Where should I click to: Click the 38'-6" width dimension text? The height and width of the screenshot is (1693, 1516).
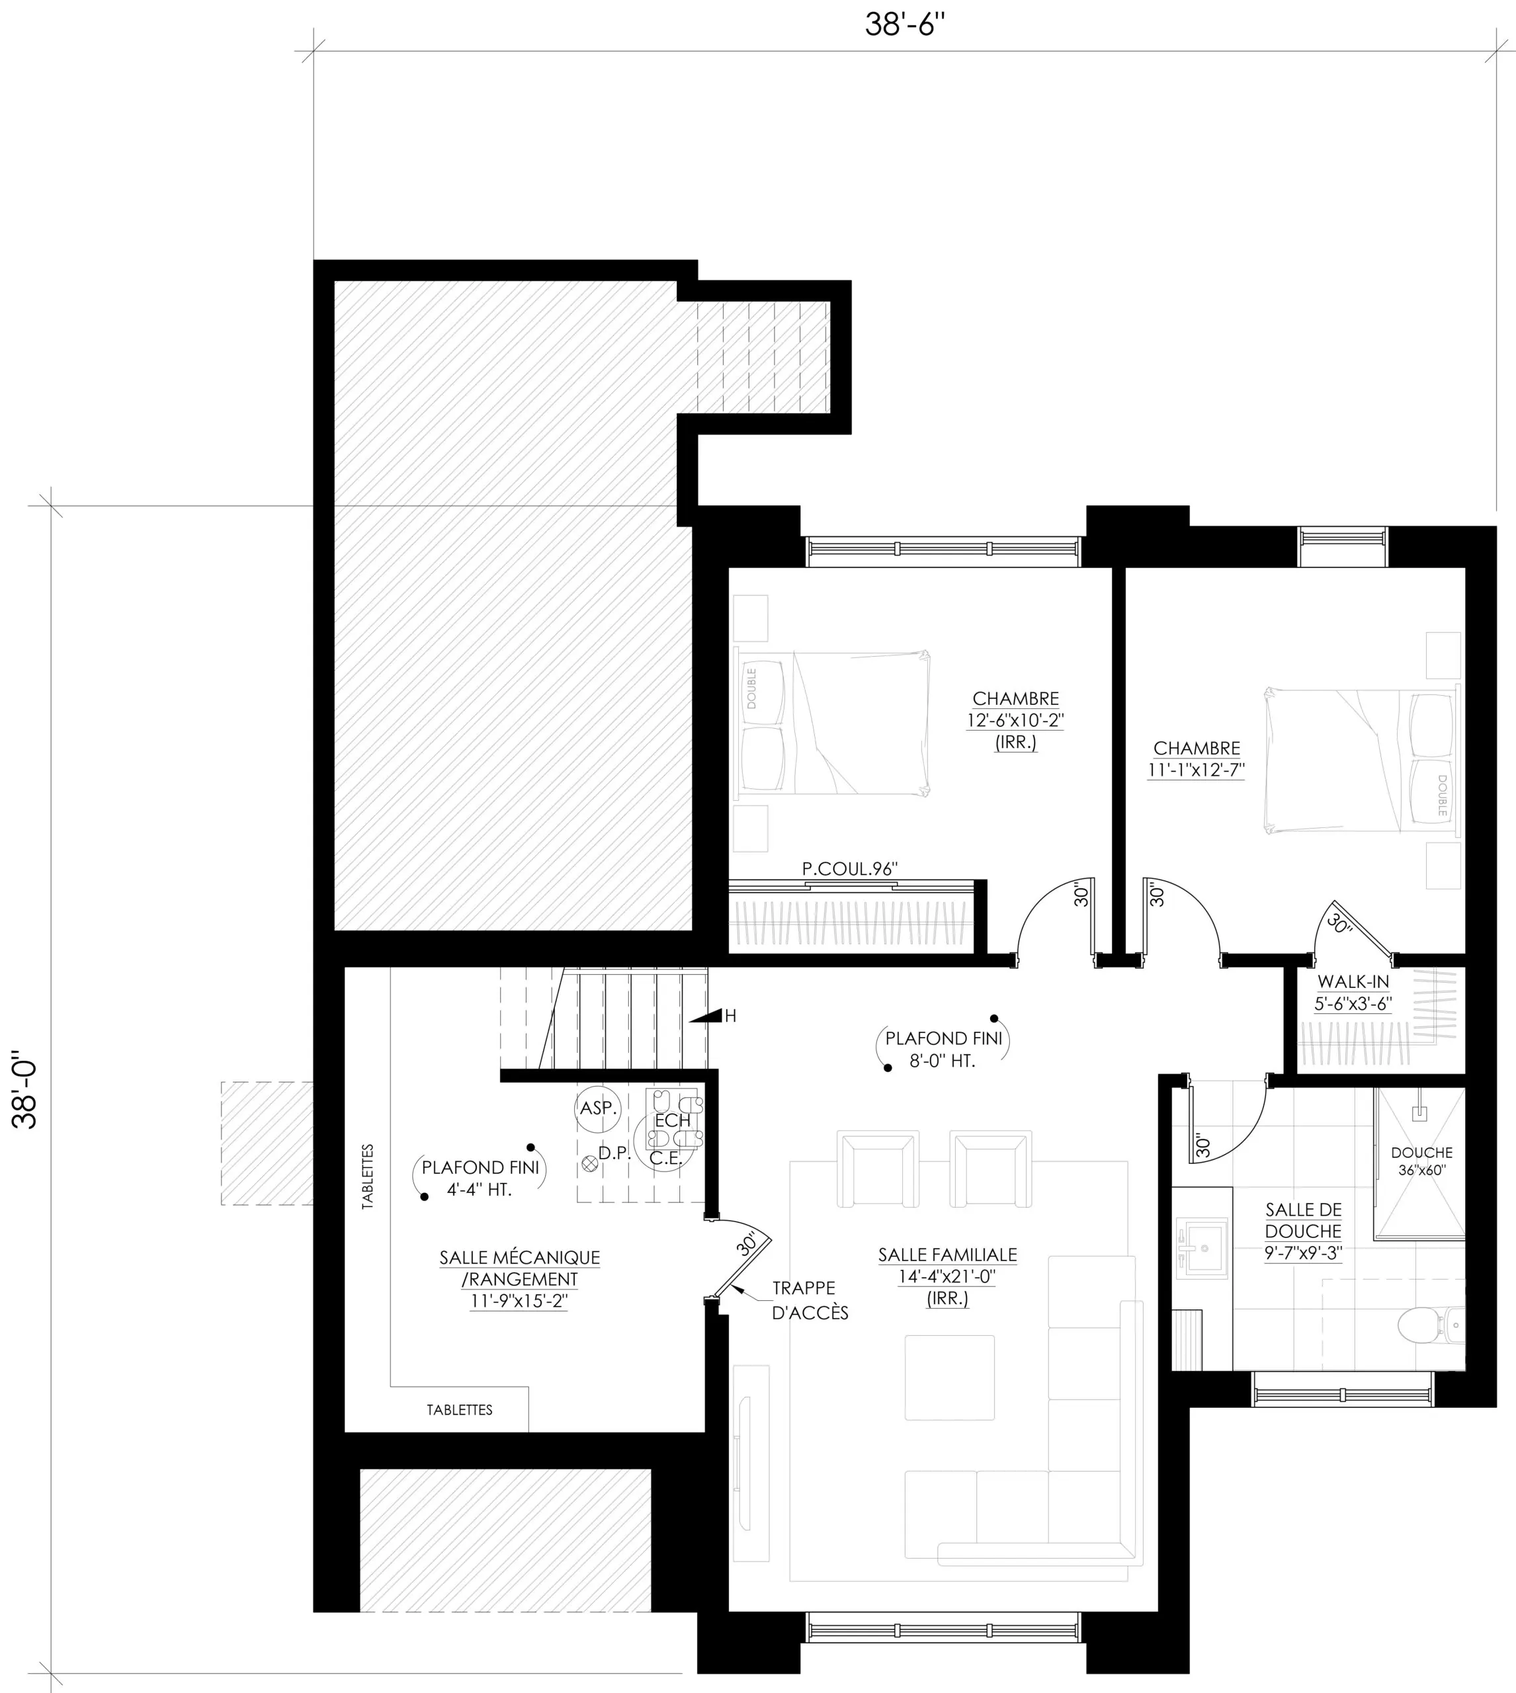point(905,25)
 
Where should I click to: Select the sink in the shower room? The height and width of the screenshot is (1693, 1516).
point(1202,1247)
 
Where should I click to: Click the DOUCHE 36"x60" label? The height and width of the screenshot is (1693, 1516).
point(1422,1161)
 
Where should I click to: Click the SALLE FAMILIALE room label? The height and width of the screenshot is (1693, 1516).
point(947,1276)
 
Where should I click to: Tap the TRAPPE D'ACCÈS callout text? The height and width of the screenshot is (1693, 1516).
point(810,1300)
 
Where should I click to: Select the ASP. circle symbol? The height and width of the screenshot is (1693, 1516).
point(598,1108)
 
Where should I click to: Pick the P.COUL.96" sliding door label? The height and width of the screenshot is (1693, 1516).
point(850,868)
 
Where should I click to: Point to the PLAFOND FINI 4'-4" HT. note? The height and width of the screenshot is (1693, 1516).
point(480,1178)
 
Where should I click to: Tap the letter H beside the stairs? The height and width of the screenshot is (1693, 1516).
point(730,1016)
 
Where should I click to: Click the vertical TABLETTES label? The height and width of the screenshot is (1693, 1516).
point(367,1176)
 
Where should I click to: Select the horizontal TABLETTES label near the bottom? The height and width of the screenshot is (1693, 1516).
point(459,1410)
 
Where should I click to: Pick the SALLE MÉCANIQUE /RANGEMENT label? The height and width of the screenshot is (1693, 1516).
point(519,1279)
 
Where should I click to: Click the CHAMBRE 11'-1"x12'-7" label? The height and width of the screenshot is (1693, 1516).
point(1196,759)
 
